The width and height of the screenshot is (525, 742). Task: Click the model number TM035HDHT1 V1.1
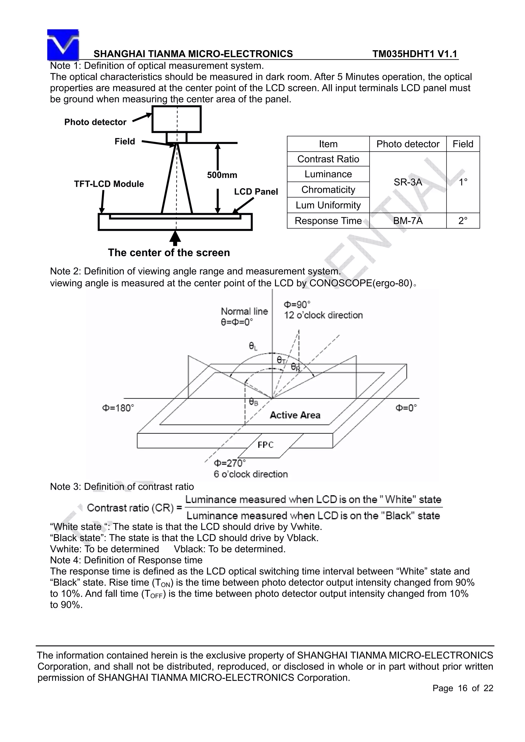point(415,54)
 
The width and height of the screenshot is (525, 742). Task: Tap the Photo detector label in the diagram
point(95,122)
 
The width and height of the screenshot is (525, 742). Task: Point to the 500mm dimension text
point(222,175)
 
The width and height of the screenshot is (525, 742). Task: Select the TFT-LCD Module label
point(109,184)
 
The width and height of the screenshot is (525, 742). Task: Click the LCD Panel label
point(256,192)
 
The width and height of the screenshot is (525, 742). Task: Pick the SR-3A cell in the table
point(408,182)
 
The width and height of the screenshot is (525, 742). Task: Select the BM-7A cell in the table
point(408,221)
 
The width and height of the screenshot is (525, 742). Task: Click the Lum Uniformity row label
point(328,205)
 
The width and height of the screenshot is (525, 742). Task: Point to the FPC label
point(265,445)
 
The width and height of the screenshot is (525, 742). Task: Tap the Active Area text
point(295,415)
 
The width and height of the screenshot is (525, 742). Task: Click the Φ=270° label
point(230,463)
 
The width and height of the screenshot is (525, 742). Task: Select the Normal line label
point(244,311)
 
